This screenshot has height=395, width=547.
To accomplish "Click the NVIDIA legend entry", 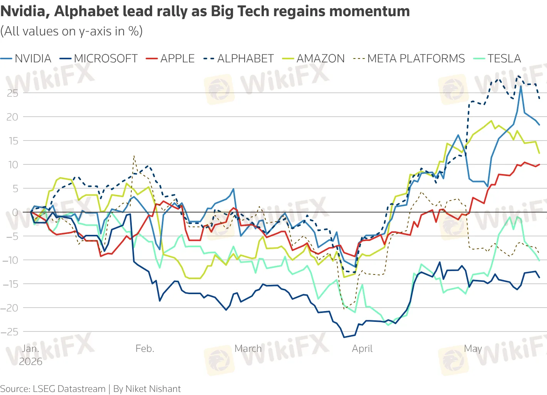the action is [26, 59].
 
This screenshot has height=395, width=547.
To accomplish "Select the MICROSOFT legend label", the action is [98, 59].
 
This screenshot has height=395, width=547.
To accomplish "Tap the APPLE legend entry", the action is [170, 59].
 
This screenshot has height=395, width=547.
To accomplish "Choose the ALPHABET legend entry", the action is [238, 59].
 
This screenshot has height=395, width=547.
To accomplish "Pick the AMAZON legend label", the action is [313, 59].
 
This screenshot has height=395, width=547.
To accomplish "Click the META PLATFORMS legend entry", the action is [409, 59].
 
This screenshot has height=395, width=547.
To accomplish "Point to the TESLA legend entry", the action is [497, 59].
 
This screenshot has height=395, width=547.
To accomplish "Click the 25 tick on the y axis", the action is [12, 93].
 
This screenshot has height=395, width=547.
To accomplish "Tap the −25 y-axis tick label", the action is [10, 332].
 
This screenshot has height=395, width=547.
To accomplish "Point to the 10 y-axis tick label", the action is [13, 165].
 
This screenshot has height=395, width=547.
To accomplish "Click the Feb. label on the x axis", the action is [145, 349].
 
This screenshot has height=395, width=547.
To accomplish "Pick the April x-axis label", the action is [362, 349].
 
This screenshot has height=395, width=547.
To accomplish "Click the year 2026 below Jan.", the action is [30, 362].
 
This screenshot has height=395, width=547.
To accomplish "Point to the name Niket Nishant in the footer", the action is [153, 389].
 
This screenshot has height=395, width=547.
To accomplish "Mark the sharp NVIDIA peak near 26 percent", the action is [521, 86].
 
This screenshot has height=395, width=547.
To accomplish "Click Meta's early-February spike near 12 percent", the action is [134, 156].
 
